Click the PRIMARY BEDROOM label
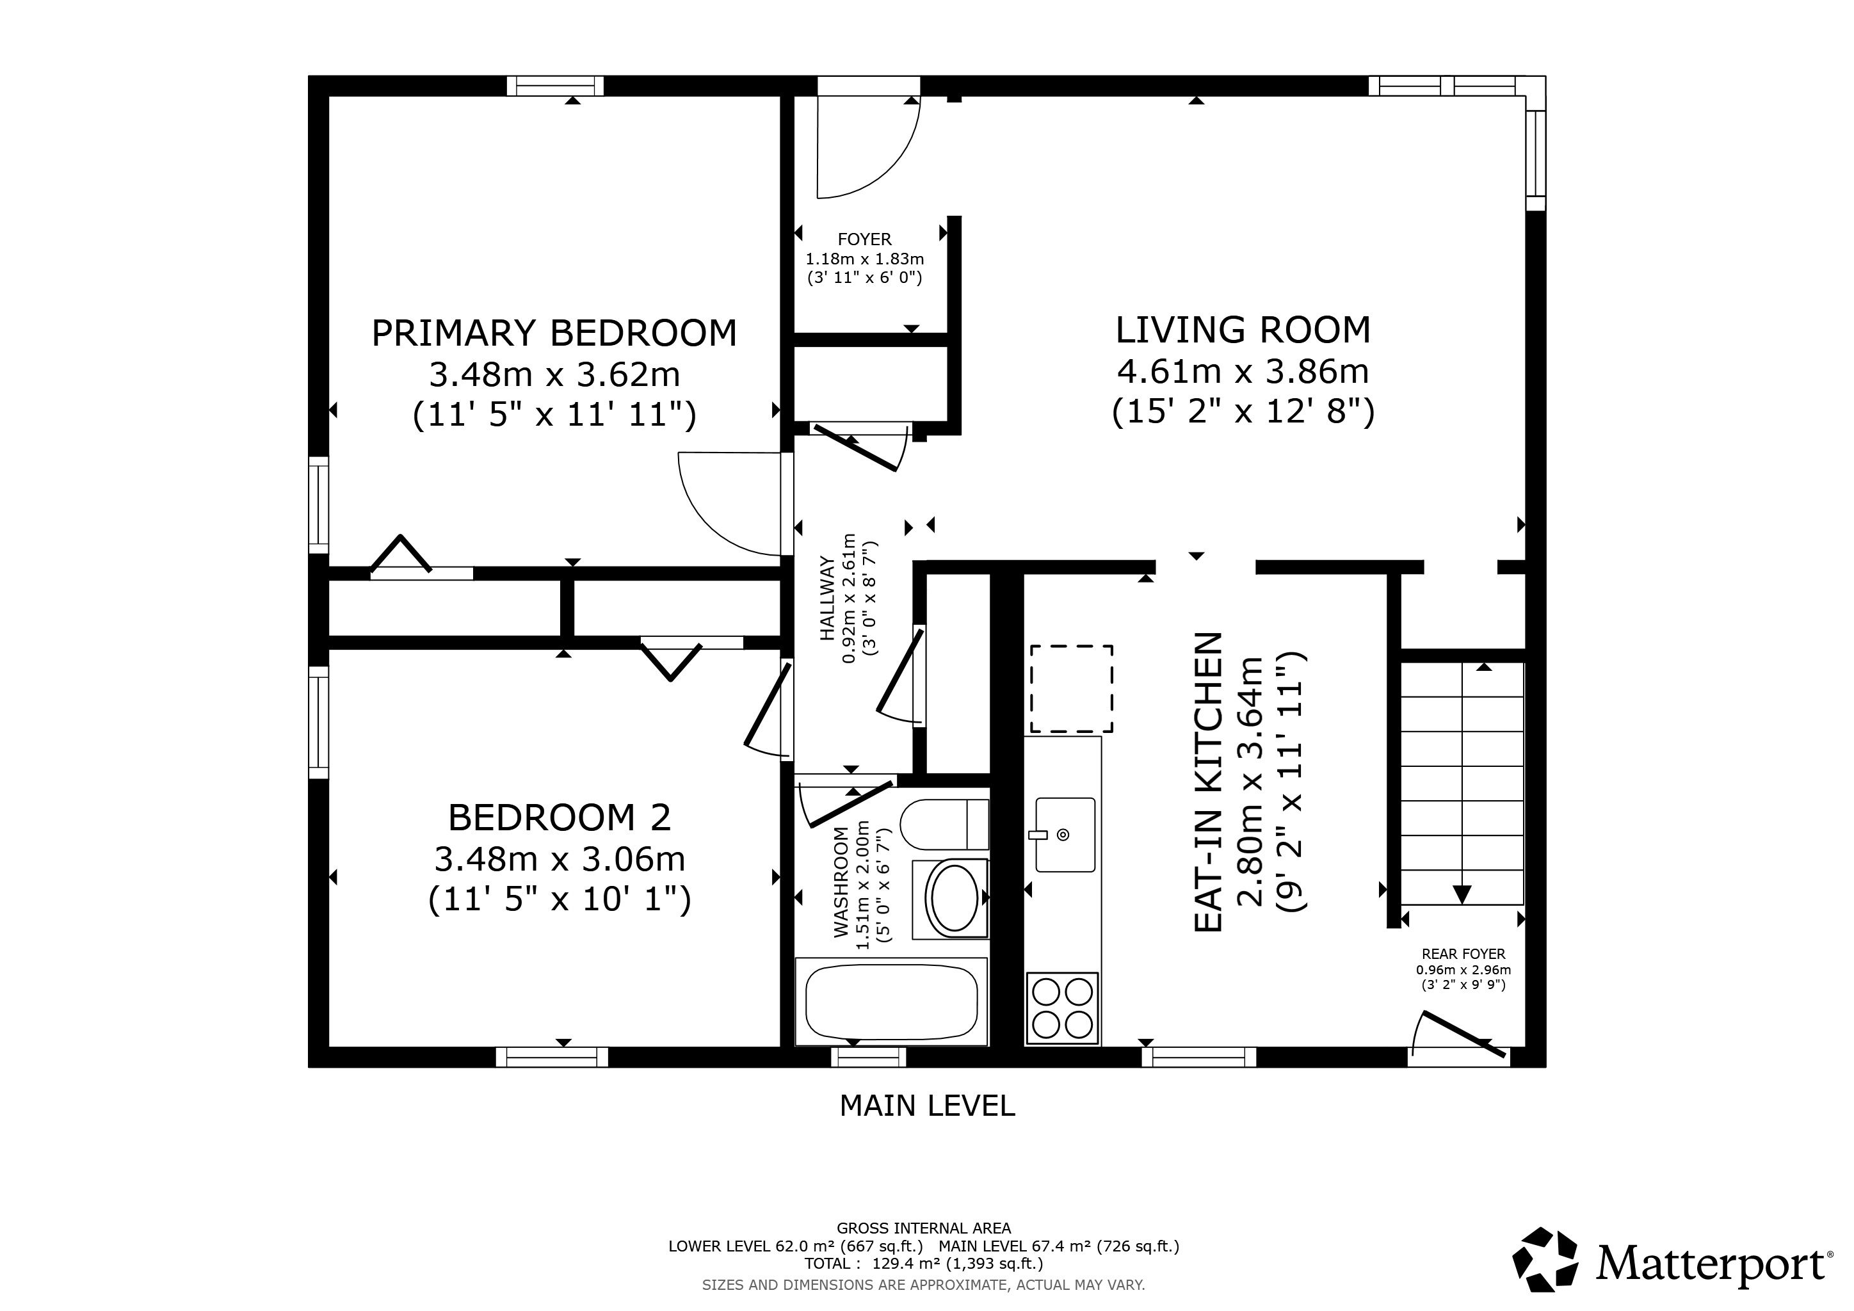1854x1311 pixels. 554,334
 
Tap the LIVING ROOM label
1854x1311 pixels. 1243,330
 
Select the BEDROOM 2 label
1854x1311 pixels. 560,817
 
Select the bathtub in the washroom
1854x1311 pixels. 892,1001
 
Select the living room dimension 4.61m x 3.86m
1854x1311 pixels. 1243,371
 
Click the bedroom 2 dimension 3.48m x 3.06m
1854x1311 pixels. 560,859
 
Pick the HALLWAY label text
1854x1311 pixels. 827,598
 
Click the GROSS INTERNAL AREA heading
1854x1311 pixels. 924,1228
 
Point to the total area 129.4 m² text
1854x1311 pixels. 924,1264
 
